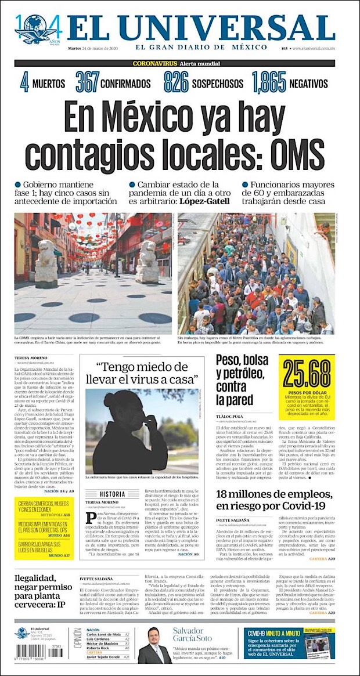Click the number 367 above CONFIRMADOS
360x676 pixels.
pos(87,82)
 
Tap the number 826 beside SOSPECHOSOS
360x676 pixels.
pos(175,82)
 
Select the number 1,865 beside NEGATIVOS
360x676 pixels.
pos(269,82)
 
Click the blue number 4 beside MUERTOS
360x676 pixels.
pos(24,82)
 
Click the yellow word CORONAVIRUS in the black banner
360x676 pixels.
pos(154,63)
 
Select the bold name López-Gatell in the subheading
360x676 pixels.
pos(204,201)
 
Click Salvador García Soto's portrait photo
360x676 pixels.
pos(154,645)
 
